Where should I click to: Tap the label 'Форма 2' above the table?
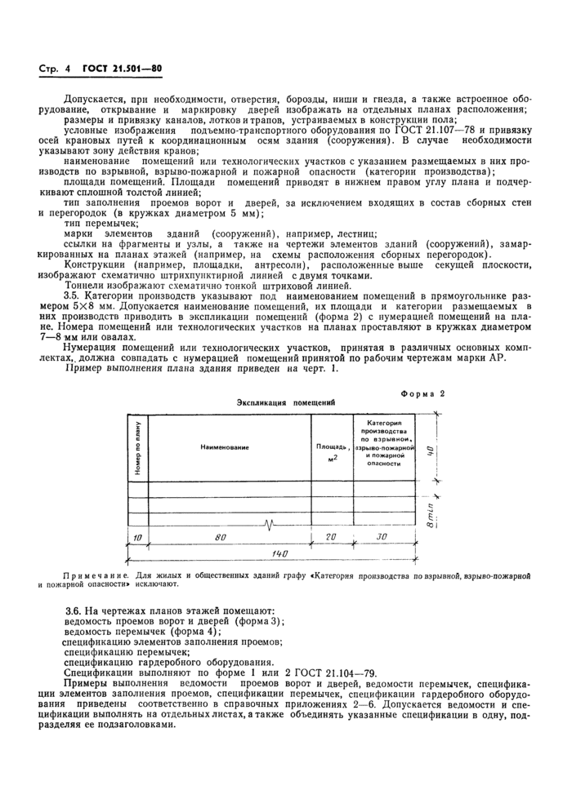pyautogui.click(x=422, y=393)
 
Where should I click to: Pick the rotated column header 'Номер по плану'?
pyautogui.click(x=136, y=448)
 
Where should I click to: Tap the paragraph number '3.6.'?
pyautogui.click(x=75, y=610)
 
